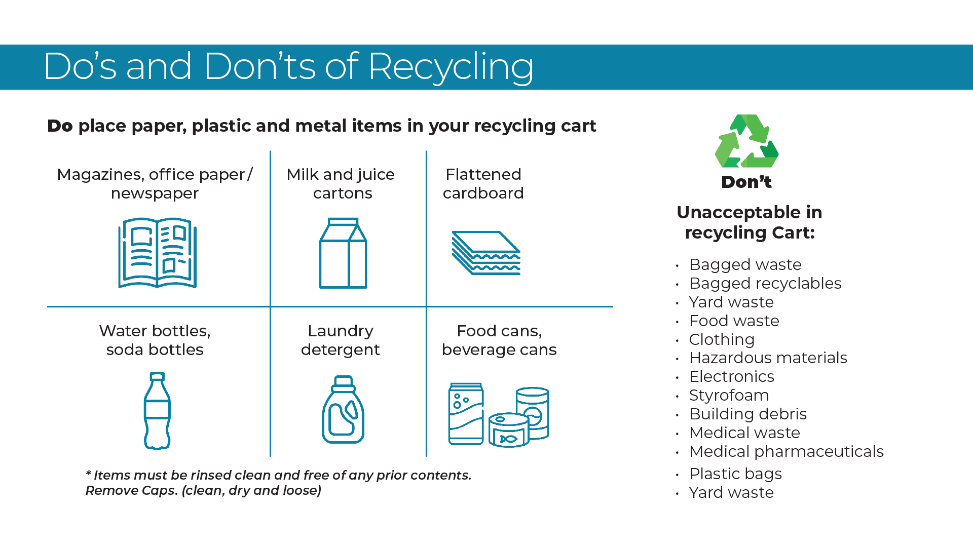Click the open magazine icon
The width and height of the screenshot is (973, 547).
tap(157, 253)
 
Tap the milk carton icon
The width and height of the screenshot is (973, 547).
tap(343, 253)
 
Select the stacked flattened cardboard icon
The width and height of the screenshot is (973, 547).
tap(486, 253)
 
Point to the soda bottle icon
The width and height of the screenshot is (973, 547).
tap(157, 411)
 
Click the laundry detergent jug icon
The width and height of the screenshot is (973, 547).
tap(343, 409)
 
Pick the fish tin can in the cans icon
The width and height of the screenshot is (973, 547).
tap(509, 430)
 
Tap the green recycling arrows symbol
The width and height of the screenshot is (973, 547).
tap(746, 141)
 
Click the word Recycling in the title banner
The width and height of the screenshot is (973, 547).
tap(451, 67)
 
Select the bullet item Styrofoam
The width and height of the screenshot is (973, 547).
tap(729, 395)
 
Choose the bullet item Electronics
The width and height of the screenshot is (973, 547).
tap(731, 376)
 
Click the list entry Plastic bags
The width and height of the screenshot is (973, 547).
tap(735, 474)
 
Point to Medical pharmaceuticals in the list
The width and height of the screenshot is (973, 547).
tap(786, 451)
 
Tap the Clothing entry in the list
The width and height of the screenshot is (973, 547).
tap(722, 339)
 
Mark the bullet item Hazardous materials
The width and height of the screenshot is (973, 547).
tap(768, 358)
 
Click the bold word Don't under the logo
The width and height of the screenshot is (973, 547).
tap(746, 182)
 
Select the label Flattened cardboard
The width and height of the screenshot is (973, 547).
tap(483, 184)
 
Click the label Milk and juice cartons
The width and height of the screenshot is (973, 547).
tap(341, 184)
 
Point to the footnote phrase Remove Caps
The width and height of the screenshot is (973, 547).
tap(133, 491)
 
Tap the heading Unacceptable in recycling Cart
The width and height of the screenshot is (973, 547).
tap(750, 222)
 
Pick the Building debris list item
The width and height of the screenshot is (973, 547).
tap(747, 414)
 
